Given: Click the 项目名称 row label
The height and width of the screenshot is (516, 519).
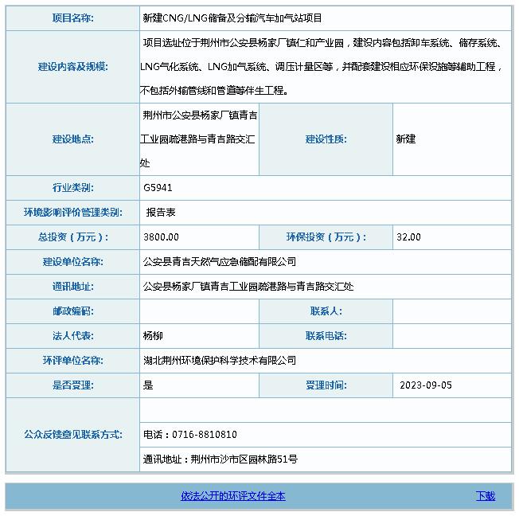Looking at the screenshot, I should [x=72, y=18].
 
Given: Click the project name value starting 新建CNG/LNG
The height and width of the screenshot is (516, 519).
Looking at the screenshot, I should [x=232, y=18].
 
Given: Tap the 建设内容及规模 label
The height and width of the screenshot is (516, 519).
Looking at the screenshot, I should [x=72, y=67].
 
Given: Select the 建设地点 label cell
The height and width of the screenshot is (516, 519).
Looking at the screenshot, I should [x=72, y=139].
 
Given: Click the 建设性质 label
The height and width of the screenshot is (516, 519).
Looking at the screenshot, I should [x=326, y=139].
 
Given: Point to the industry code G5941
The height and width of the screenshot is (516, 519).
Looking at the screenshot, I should [x=158, y=188].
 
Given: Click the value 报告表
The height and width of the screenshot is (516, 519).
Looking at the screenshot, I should [x=161, y=213].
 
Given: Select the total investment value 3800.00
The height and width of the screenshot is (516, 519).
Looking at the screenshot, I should [x=162, y=237].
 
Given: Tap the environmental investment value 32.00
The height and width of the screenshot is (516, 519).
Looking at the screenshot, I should [x=408, y=237].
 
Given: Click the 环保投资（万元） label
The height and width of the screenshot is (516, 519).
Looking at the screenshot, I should [x=326, y=237].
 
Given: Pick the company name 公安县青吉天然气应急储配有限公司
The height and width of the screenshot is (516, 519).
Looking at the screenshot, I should [x=219, y=262].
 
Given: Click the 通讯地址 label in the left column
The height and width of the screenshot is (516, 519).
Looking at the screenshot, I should [x=72, y=287].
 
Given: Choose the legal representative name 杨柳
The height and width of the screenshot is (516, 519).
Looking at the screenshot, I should [x=153, y=336].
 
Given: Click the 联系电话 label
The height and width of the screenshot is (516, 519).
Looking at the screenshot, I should [x=326, y=336].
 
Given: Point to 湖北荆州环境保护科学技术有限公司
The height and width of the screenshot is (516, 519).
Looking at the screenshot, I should [x=219, y=361].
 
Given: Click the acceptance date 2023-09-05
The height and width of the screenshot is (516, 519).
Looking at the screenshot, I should [x=426, y=385].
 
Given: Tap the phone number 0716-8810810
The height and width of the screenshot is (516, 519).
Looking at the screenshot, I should [x=190, y=435].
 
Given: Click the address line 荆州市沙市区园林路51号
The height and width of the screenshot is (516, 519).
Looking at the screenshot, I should [x=244, y=459].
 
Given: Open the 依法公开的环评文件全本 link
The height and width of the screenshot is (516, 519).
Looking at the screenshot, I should [x=232, y=496].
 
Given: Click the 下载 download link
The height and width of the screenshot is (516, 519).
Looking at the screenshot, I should [x=486, y=496].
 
